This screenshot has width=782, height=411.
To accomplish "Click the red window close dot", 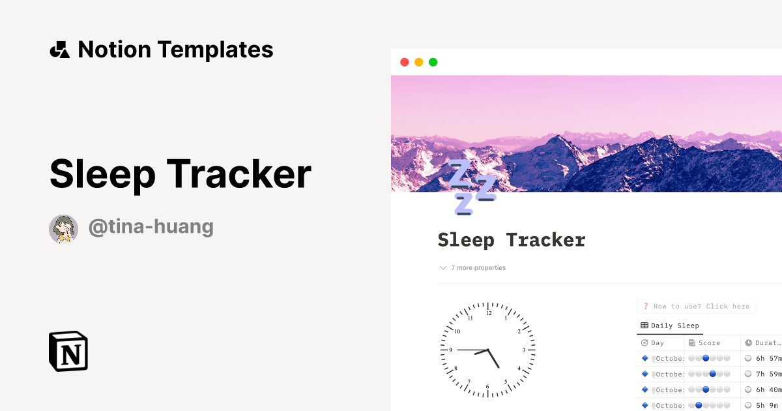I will [x=404, y=62].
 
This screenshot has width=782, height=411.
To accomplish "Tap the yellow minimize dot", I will [x=418, y=62].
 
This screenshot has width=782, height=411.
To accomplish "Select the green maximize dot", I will [x=433, y=62].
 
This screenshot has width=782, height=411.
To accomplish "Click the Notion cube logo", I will [x=68, y=351].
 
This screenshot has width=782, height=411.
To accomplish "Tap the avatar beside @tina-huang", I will [x=64, y=228].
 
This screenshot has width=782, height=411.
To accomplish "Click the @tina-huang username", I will [x=151, y=227].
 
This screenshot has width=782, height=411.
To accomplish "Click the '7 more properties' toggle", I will [x=473, y=267].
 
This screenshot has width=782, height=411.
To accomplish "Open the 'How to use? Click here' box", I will [x=696, y=306].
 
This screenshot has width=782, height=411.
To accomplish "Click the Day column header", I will [x=657, y=342].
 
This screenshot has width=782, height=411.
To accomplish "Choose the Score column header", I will [x=709, y=342].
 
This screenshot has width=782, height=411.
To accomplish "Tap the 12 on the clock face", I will [x=488, y=313].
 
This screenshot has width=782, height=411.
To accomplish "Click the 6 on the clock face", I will [x=487, y=387].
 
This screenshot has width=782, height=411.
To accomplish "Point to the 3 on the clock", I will [x=524, y=350].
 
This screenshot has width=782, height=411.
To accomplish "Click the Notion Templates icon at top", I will [x=59, y=50].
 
